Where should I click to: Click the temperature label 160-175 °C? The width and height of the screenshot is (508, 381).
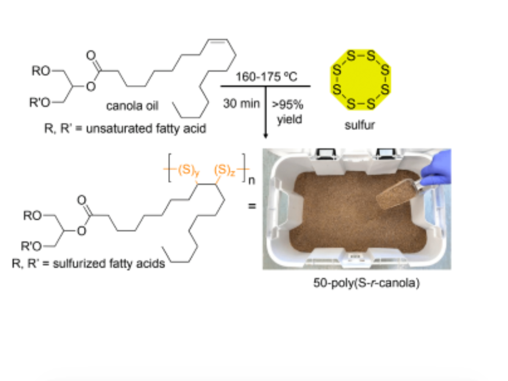click(x=265, y=78)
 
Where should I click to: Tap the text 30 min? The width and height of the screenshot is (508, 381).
click(x=241, y=103)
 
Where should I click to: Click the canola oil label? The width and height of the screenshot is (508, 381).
click(x=132, y=106)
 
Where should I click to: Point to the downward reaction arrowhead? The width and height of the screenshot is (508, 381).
click(x=265, y=135)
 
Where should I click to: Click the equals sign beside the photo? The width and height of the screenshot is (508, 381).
click(x=252, y=207)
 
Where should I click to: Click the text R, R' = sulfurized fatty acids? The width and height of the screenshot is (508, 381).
click(x=88, y=265)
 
